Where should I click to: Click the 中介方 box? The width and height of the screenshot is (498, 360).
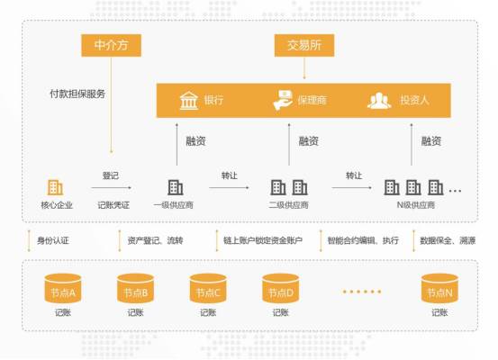coord(111,45)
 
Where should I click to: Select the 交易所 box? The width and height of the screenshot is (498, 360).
coord(304,45)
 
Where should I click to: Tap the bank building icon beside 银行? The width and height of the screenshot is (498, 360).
coord(188,101)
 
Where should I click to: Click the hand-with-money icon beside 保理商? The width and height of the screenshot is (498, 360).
coord(283,100)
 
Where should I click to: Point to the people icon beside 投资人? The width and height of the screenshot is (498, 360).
coord(379,101)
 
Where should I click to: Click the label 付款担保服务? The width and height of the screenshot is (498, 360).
coord(77,94)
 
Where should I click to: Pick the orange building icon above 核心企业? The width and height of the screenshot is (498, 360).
coord(55,187)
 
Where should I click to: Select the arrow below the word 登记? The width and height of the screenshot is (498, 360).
coord(111,187)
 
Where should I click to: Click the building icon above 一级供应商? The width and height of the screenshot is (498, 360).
coord(176,187)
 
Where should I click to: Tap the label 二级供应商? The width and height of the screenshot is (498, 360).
coord(288,205)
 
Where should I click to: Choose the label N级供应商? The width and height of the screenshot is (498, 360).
coord(416,205)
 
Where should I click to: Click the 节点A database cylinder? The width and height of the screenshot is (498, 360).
coord(63,289)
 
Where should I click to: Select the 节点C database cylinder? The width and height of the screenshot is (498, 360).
coord(208,289)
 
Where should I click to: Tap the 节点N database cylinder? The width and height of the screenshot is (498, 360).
coord(439,289)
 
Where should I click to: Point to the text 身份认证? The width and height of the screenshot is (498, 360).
coord(53,240)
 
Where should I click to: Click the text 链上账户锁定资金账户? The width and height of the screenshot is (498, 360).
coord(263,240)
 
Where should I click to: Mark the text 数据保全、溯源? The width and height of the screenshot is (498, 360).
coord(448,240)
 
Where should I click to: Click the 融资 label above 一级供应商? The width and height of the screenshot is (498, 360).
coord(195,141)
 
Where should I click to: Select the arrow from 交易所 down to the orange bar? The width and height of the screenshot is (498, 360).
coord(304,67)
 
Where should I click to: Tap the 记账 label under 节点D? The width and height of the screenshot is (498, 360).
coord(281,312)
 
